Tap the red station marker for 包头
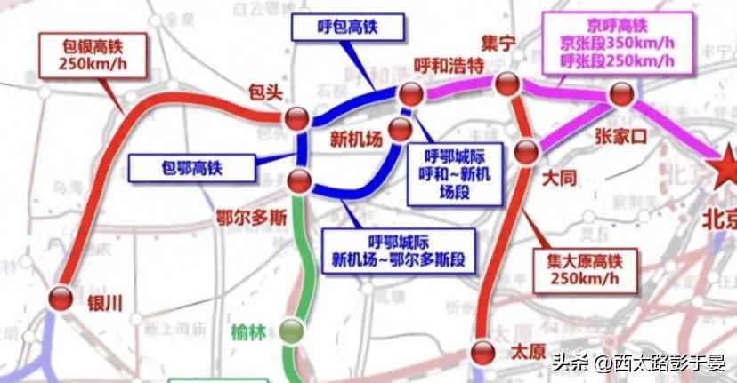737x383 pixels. coord(296,117)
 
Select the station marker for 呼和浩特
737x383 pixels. coord(410,93)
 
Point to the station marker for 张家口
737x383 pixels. coord(620,94)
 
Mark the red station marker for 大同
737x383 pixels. coord(527,149)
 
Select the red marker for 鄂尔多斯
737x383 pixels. coord(299,181)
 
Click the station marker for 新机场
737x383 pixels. coord(401,130)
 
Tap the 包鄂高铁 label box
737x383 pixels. coord(190,166)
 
